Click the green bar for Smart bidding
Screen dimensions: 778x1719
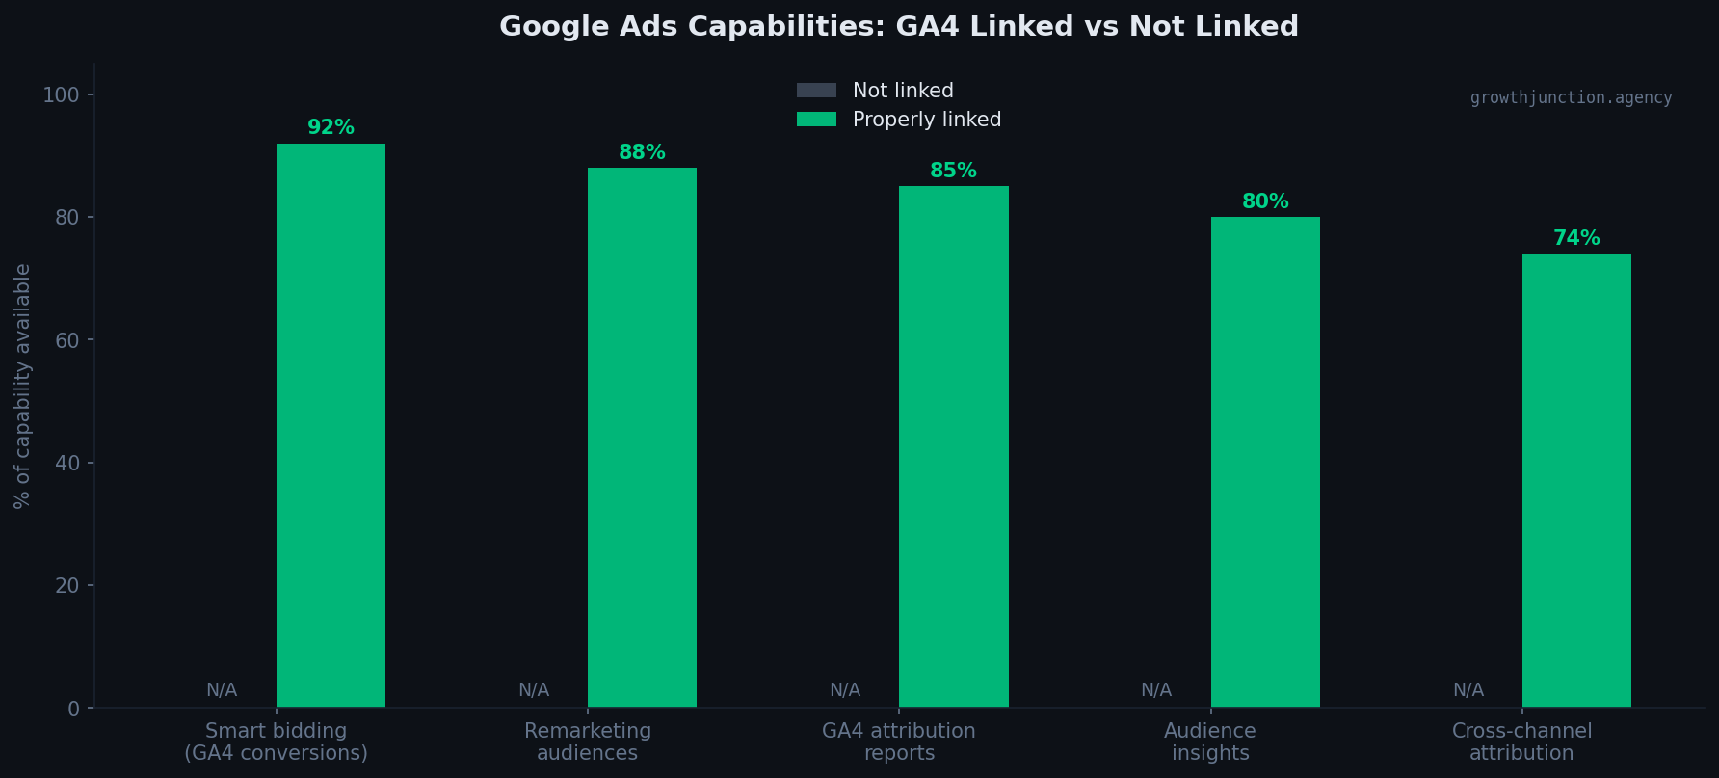coord(331,424)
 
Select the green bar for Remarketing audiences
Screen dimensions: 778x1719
coord(642,437)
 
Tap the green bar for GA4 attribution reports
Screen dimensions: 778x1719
coord(953,446)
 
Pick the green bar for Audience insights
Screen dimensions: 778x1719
coord(1265,462)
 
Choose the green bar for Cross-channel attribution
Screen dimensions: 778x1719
coord(1576,480)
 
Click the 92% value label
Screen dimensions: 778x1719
coord(331,127)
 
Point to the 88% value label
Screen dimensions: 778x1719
coord(642,152)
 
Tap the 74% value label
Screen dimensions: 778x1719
coord(1576,238)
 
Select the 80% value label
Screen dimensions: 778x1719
coord(1265,201)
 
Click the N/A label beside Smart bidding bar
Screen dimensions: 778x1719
coord(222,690)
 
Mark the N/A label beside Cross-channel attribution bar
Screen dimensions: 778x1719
coord(1468,690)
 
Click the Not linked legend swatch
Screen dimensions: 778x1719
coord(816,91)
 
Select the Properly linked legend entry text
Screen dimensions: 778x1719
coord(926,120)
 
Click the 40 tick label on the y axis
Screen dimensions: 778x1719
coord(67,463)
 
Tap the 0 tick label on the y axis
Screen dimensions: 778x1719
coord(74,709)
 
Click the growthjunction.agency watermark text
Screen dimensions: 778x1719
coord(1571,97)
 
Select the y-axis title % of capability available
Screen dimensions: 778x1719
coord(22,386)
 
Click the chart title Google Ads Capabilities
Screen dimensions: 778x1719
coord(898,26)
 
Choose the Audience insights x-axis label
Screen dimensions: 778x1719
coord(1210,741)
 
